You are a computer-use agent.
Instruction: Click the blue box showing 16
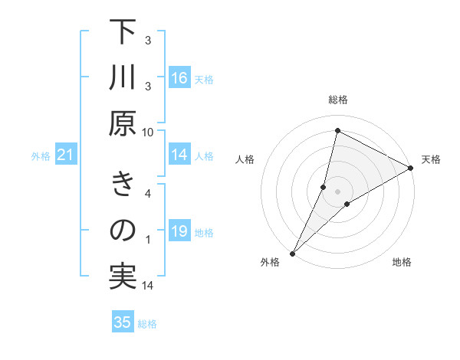click(x=179, y=78)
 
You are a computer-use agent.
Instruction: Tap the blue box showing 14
click(x=179, y=155)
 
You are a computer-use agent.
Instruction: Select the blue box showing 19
click(x=179, y=231)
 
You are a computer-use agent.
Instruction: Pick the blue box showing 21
click(x=66, y=155)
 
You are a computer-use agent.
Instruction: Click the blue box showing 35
click(x=123, y=322)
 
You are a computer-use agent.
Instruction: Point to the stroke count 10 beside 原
click(x=148, y=131)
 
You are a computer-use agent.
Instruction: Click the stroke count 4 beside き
click(x=148, y=193)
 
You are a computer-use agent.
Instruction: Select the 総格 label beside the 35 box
click(x=147, y=324)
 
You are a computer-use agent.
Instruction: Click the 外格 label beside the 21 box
click(x=41, y=156)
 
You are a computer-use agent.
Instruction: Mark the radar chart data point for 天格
click(x=411, y=169)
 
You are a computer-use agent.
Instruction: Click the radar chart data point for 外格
click(x=292, y=253)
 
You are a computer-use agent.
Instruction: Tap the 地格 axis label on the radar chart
click(x=402, y=263)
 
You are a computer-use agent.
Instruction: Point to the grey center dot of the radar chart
click(x=337, y=191)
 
